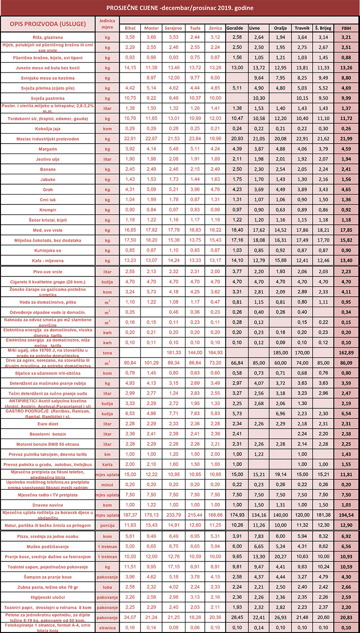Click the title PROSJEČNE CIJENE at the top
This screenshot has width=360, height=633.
(179, 8)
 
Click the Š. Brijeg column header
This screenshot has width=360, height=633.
(324, 28)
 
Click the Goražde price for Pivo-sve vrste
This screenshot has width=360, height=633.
(237, 272)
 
